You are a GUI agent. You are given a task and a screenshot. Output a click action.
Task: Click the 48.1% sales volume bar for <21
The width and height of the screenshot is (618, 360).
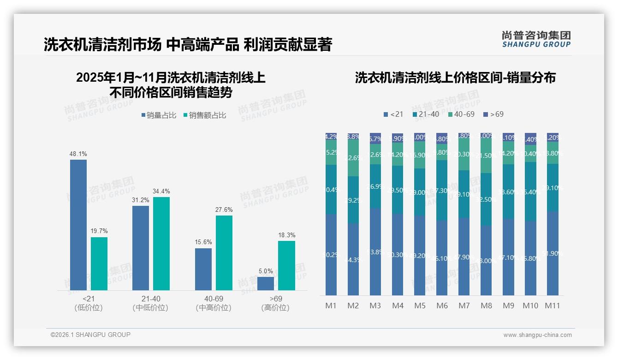pos(78,225)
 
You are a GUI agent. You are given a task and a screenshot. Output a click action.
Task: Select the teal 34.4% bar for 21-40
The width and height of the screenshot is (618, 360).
pos(161,244)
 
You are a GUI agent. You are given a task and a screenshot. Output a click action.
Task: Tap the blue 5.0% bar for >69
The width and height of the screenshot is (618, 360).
pos(266,283)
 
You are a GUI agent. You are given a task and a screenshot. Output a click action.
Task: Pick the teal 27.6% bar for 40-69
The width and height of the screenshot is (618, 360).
pos(224,253)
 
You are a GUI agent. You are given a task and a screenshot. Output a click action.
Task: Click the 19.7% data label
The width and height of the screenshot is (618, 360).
pos(99,231)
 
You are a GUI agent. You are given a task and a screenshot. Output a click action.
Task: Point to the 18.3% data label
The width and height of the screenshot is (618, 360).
pos(286,235)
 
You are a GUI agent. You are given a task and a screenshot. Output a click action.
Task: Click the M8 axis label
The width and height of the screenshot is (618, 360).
pos(486,306)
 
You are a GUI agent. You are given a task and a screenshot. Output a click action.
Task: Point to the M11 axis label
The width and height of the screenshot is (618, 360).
pos(552,306)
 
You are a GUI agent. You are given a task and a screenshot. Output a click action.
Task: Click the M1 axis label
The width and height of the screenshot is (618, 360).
pos(331,306)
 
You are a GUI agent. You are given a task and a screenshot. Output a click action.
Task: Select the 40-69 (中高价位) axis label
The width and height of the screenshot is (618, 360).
pos(213,303)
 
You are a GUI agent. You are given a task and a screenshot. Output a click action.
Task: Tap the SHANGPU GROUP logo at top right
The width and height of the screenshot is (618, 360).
pos(536,39)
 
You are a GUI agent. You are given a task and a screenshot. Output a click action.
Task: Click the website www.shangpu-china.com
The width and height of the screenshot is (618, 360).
pos(537,335)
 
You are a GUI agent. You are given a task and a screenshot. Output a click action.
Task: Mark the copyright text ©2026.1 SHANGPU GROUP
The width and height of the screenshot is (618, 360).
pos(90,335)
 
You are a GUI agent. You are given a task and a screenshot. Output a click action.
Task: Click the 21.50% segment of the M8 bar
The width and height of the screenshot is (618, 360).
pos(486,156)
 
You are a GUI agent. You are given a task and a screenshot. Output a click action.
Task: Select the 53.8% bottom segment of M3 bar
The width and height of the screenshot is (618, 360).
pos(375,252)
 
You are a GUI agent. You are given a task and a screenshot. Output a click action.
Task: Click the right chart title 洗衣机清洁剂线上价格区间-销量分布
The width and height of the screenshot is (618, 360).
pos(455,78)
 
